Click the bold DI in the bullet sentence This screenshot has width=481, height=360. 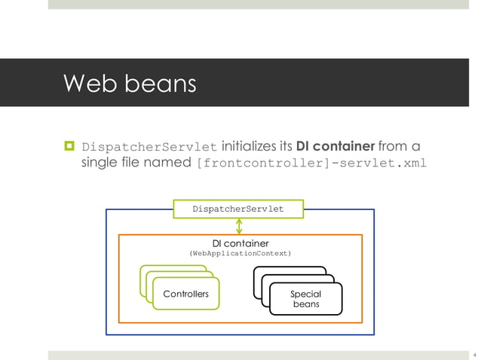pyautogui.click(x=307, y=145)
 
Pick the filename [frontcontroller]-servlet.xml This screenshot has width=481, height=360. pyautogui.click(x=311, y=163)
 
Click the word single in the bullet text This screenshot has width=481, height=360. pyautogui.click(x=101, y=163)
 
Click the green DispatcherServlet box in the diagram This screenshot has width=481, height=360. pyautogui.click(x=238, y=208)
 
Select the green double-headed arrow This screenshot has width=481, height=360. pyautogui.click(x=239, y=226)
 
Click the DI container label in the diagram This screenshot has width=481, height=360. pyautogui.click(x=240, y=243)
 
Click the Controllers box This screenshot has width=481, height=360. pyautogui.click(x=185, y=294)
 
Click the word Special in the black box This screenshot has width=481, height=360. pyautogui.click(x=306, y=294)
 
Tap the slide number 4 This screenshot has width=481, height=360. pyautogui.click(x=474, y=354)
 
